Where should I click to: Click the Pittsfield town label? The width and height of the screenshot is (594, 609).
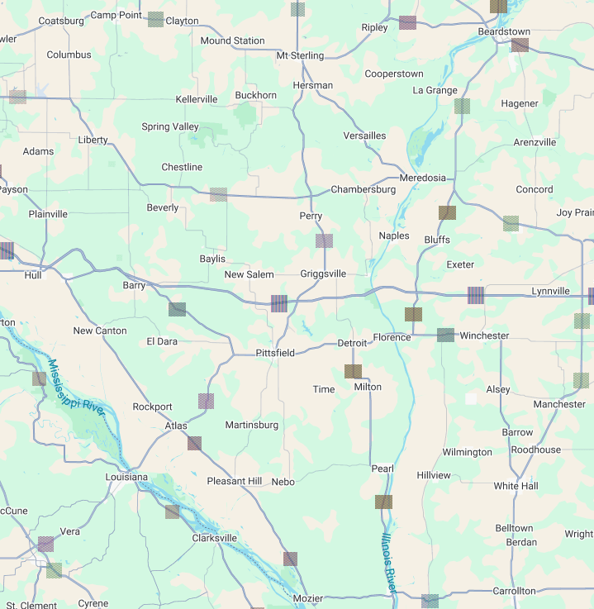coord(274,353)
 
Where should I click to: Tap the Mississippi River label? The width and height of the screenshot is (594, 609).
coord(75,390)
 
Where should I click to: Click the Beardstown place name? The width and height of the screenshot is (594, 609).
coord(504,31)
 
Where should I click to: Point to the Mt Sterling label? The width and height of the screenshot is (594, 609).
coord(300,55)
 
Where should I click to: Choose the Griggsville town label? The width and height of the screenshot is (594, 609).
coord(323,274)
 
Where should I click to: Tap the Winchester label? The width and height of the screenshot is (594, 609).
coord(485,335)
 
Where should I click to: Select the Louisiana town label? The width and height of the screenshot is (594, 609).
coord(126,478)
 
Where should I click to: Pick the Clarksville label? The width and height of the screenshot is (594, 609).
coord(214,538)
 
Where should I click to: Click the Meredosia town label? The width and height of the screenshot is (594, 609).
coord(422,178)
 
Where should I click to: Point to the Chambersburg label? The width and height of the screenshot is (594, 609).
coord(364,189)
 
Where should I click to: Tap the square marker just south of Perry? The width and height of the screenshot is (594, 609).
coord(325,241)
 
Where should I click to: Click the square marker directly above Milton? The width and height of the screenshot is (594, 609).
coord(353,371)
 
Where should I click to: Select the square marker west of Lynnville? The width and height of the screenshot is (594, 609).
coord(475,294)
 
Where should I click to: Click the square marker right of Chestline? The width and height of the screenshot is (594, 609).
coord(218,194)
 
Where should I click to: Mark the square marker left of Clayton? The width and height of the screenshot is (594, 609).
coord(155,19)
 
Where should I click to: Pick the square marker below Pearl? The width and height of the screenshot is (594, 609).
coord(383,502)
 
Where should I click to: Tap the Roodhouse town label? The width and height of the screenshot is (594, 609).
coord(535,450)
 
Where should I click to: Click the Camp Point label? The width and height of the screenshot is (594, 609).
coord(116,15)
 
